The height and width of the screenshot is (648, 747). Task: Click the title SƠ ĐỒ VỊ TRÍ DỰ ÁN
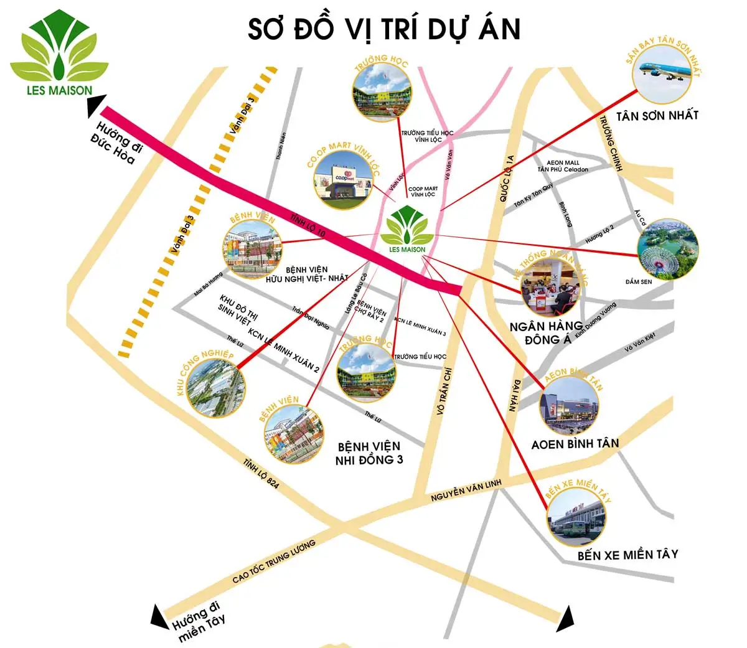click(384, 29)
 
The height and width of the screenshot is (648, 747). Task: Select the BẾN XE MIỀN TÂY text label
click(627, 555)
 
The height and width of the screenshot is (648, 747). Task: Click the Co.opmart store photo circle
click(345, 179)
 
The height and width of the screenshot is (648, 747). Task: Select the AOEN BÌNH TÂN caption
click(575, 444)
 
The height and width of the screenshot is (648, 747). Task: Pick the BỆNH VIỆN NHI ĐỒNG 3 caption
click(369, 453)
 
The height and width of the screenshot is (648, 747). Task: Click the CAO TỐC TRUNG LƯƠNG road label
click(274, 562)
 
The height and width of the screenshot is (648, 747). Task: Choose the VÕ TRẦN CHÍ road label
click(445, 390)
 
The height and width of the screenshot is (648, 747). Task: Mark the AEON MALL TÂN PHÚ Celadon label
click(563, 166)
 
